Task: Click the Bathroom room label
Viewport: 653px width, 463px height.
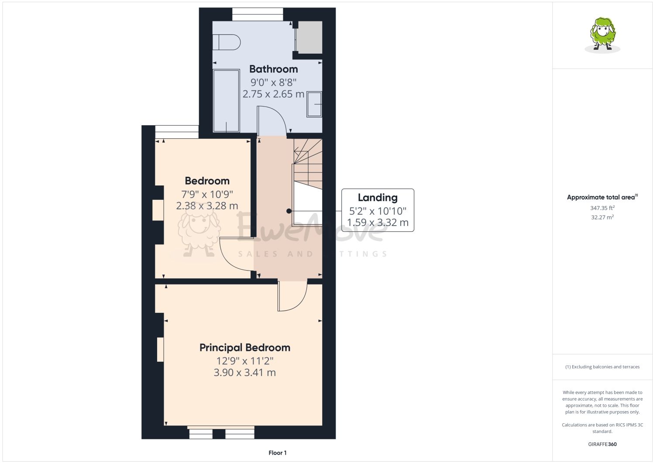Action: (273, 69)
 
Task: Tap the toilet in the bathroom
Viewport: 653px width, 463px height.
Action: (226, 42)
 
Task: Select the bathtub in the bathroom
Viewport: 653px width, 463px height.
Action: (226, 101)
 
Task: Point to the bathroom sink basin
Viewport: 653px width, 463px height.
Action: (314, 104)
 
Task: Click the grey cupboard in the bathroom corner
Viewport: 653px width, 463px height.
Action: (309, 37)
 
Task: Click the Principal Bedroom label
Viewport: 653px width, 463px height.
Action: (245, 348)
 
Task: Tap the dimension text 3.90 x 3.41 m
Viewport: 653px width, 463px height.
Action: (245, 372)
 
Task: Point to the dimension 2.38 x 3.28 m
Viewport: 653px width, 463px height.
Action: (207, 206)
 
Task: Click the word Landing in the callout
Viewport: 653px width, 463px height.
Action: (378, 198)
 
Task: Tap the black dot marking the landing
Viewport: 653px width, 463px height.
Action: (289, 211)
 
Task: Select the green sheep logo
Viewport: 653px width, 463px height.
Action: (602, 35)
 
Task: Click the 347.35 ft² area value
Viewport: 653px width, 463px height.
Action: (602, 208)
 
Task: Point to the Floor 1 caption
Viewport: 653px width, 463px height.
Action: (278, 453)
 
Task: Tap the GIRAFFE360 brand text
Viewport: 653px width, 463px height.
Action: (602, 444)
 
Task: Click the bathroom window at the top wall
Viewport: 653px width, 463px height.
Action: (258, 14)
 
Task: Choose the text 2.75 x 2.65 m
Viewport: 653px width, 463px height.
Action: (273, 94)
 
